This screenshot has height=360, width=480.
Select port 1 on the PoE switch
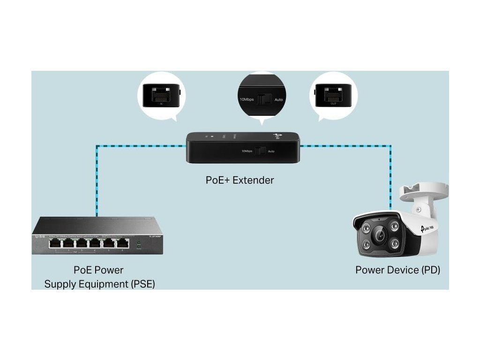pyautogui.click(x=55, y=243)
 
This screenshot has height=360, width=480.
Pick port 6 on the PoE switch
pyautogui.click(x=123, y=243)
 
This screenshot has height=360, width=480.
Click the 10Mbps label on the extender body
pyautogui.click(x=247, y=151)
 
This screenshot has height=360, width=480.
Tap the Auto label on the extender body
pyautogui.click(x=271, y=151)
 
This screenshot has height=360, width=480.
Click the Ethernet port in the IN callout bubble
pyautogui.click(x=157, y=96)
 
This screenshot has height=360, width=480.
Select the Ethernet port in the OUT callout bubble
pyautogui.click(x=334, y=96)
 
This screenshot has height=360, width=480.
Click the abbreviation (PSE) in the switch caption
pyautogui.click(x=140, y=284)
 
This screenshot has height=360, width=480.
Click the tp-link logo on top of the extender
pyautogui.click(x=277, y=136)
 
